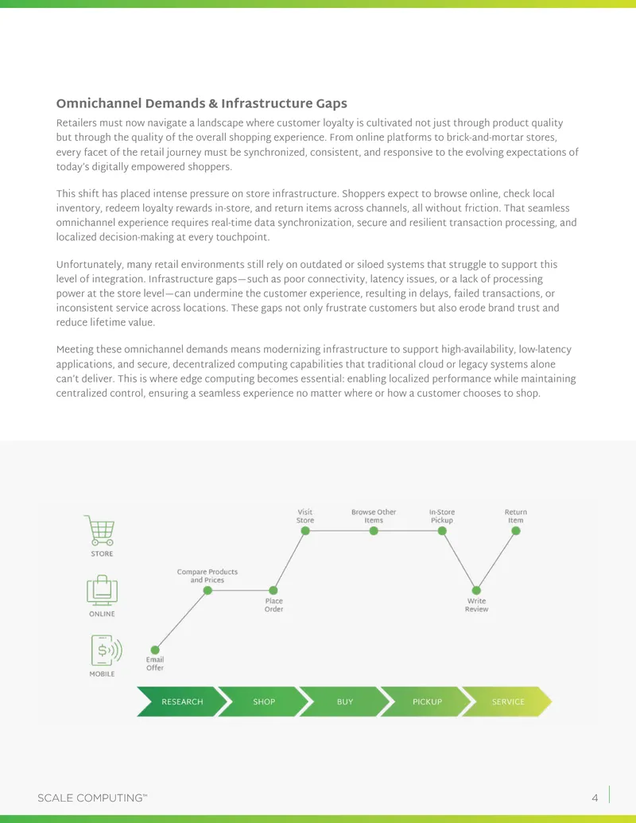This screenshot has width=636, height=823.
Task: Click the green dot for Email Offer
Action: click(155, 650)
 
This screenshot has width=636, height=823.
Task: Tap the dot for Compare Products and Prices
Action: click(207, 591)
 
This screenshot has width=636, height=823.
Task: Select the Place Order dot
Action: click(273, 591)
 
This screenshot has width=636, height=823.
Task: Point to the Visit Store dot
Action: click(304, 530)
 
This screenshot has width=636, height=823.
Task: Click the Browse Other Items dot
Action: click(374, 530)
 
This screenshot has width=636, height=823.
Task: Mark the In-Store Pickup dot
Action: click(442, 530)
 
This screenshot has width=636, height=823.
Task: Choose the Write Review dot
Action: click(476, 591)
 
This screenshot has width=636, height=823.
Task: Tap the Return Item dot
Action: click(516, 530)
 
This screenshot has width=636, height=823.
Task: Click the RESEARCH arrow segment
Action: click(182, 702)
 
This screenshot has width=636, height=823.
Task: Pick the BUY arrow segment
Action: click(345, 702)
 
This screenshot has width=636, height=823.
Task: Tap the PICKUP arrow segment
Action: click(427, 702)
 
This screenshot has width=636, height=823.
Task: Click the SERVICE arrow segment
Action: click(507, 702)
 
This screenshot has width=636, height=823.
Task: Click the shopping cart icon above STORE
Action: click(100, 530)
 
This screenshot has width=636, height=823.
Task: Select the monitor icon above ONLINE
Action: click(102, 591)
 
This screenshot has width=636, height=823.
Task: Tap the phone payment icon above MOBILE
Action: click(106, 650)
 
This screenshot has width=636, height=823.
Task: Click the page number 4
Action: click(595, 798)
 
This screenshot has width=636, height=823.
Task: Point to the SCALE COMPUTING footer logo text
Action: click(92, 798)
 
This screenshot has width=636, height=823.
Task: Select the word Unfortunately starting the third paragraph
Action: click(89, 265)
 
